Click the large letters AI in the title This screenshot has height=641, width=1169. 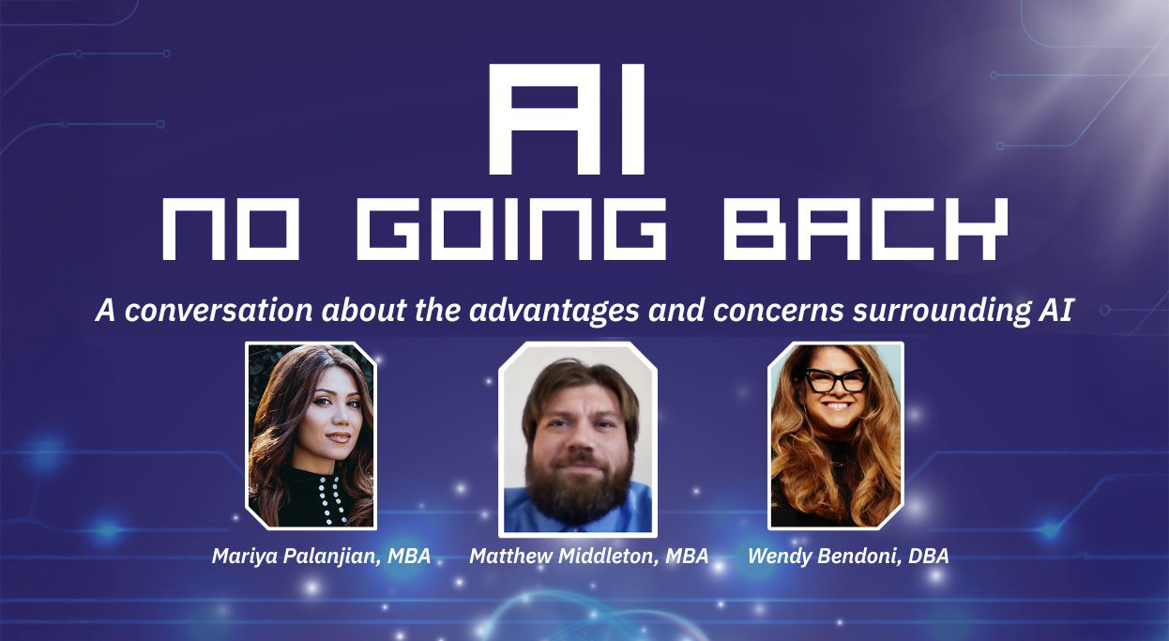point(567,119)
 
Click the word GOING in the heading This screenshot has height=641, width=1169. point(511,229)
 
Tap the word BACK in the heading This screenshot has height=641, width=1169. point(865,229)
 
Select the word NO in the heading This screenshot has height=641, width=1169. point(231,229)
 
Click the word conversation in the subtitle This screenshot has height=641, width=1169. point(219,310)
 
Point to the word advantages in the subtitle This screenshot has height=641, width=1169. point(554,311)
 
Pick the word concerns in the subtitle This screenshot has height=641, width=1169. point(778,311)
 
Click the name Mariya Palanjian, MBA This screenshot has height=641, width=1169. point(321,557)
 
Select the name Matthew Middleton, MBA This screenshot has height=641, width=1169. point(588,557)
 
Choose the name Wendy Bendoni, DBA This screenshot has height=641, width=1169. point(848,557)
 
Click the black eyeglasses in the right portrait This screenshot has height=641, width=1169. point(836,380)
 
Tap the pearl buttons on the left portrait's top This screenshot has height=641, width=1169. point(332,498)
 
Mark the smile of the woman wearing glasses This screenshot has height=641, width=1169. point(836,405)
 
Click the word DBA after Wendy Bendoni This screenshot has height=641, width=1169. point(929,557)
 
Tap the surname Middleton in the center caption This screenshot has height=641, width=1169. point(609,557)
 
